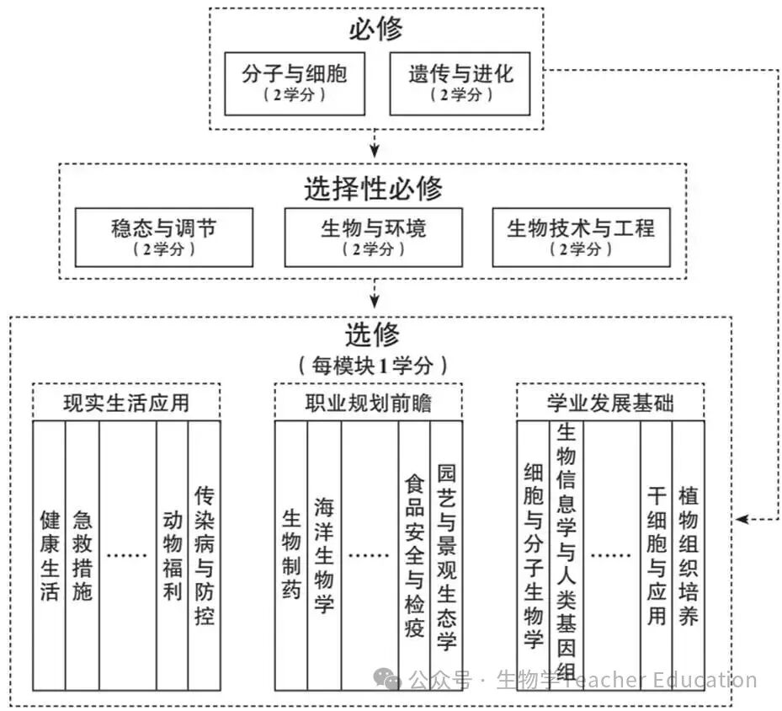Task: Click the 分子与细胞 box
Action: (x=294, y=83)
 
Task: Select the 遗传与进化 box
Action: (x=460, y=83)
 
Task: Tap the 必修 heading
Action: (x=375, y=30)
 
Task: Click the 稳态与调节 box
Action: (x=164, y=237)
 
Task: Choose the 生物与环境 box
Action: (x=373, y=237)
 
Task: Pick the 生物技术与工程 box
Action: (x=581, y=237)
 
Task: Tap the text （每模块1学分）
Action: (x=370, y=366)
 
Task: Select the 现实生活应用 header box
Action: (x=126, y=402)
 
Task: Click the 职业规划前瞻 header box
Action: (x=368, y=402)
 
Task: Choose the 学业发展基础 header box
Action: (x=610, y=402)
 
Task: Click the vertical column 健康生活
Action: (x=50, y=555)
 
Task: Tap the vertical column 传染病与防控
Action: (x=204, y=555)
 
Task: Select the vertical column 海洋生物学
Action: (x=324, y=555)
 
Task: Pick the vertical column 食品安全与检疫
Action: (x=414, y=555)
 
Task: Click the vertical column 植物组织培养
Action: (x=688, y=555)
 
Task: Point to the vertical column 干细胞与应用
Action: (x=657, y=555)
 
